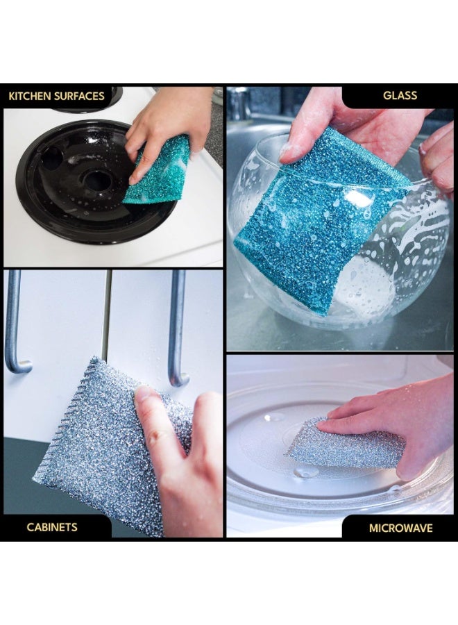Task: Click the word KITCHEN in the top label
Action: tap(30, 96)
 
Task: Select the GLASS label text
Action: tap(400, 96)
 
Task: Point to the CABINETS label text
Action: tap(52, 527)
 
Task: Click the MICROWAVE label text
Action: tap(400, 528)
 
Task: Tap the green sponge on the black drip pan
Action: tap(158, 170)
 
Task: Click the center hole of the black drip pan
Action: tap(96, 180)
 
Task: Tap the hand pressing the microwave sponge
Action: tap(394, 422)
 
